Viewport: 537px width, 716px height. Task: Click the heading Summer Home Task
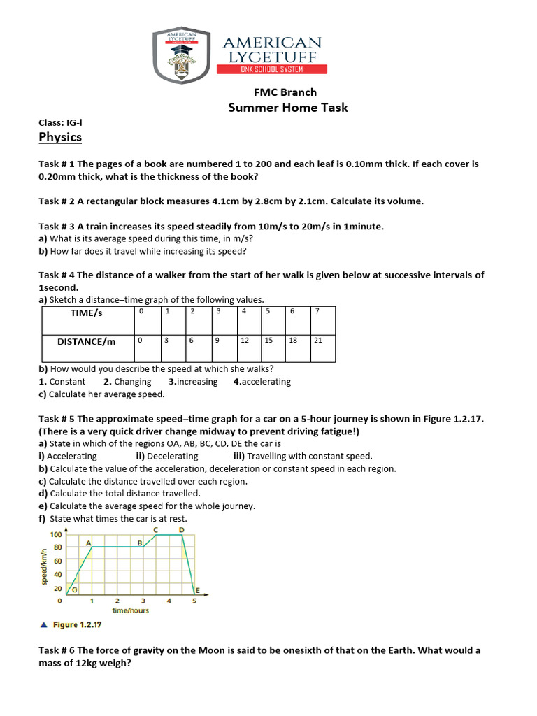tap(288, 108)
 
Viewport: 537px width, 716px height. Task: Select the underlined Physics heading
tap(60, 137)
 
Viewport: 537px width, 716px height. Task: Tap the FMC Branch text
tap(285, 92)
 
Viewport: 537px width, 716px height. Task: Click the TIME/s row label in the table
tap(87, 313)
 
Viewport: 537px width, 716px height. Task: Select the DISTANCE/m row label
tap(87, 342)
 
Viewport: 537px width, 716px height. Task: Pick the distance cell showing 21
tap(318, 340)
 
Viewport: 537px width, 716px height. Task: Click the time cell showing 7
tap(317, 311)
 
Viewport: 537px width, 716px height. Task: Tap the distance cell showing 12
tap(245, 340)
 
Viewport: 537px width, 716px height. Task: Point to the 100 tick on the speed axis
tap(56, 534)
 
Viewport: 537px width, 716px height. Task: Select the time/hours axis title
tap(131, 610)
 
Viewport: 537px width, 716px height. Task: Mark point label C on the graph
tap(155, 530)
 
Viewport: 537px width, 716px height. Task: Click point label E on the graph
tap(197, 592)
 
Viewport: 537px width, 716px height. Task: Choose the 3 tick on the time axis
tap(143, 601)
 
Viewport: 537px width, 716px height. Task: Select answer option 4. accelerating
tap(262, 382)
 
